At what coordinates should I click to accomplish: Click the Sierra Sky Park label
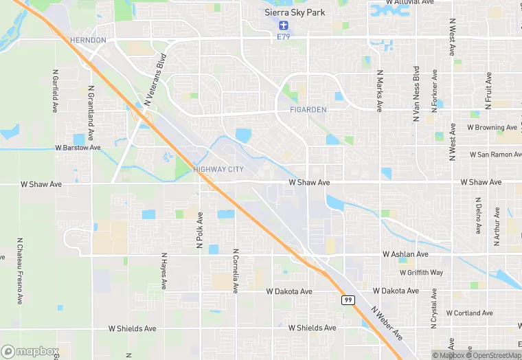295,12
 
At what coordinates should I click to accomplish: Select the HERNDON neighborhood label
88,41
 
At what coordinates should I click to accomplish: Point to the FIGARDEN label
308,109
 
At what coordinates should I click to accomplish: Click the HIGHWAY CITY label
218,169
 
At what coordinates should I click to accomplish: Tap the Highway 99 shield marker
348,300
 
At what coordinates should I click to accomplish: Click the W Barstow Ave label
78,148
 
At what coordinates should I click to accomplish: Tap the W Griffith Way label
421,273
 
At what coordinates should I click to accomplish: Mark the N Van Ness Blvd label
416,94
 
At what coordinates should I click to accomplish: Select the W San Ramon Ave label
496,155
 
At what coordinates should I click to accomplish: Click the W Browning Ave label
492,128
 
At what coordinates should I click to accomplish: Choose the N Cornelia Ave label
236,271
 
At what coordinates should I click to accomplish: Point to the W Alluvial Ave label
410,3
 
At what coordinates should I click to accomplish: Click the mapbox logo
30,352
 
